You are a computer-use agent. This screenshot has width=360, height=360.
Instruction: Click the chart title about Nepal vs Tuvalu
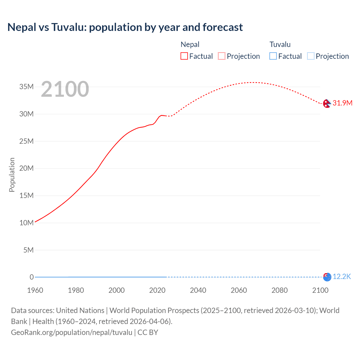125,27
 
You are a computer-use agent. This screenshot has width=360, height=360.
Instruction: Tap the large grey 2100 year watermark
65,89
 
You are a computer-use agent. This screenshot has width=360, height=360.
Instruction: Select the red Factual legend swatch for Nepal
184,56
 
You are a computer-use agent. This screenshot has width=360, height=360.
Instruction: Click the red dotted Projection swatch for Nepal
222,56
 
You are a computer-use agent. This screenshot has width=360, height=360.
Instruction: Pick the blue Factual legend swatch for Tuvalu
273,56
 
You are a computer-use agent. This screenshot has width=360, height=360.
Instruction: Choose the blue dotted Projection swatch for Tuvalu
311,56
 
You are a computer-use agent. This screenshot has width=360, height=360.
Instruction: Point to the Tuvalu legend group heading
280,44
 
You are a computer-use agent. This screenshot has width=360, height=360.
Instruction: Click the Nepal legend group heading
190,44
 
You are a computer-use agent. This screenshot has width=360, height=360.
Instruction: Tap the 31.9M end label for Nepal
342,103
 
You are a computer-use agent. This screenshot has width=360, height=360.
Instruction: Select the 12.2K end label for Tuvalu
342,277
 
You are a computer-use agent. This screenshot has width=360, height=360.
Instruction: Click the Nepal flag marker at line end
327,103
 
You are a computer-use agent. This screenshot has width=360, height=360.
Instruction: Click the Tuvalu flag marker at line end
327,277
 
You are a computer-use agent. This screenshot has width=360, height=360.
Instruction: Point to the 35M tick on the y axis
26,87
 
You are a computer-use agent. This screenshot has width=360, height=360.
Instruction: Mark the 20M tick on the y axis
26,168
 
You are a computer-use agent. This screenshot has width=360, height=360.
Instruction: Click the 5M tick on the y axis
28,250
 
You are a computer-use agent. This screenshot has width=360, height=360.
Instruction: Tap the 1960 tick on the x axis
35,290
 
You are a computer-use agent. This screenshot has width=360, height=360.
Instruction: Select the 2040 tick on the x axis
198,290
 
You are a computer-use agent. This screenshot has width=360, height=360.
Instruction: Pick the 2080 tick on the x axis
280,290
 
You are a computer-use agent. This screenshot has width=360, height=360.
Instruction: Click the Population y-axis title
12,175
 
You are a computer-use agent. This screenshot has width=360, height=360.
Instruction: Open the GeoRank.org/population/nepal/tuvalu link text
72,332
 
